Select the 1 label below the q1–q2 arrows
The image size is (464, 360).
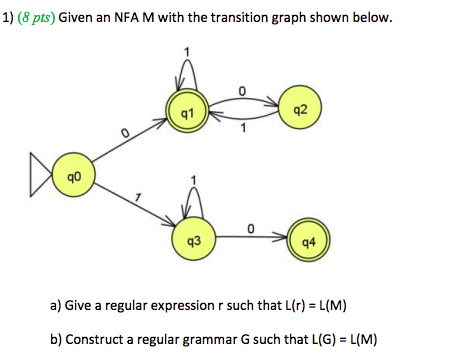coord(243,127)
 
